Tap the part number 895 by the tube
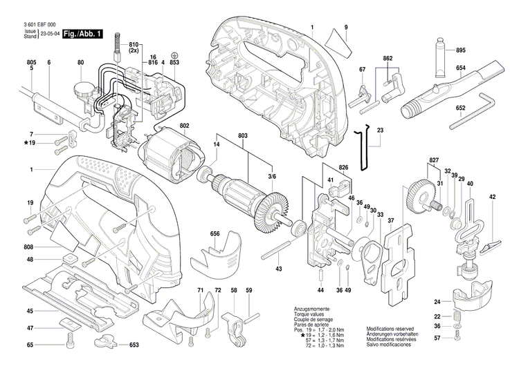[461, 50]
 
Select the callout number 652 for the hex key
[460, 109]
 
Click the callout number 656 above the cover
[215, 234]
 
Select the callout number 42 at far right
[493, 198]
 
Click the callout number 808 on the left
[29, 247]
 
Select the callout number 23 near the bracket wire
[380, 129]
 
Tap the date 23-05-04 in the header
[51, 33]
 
